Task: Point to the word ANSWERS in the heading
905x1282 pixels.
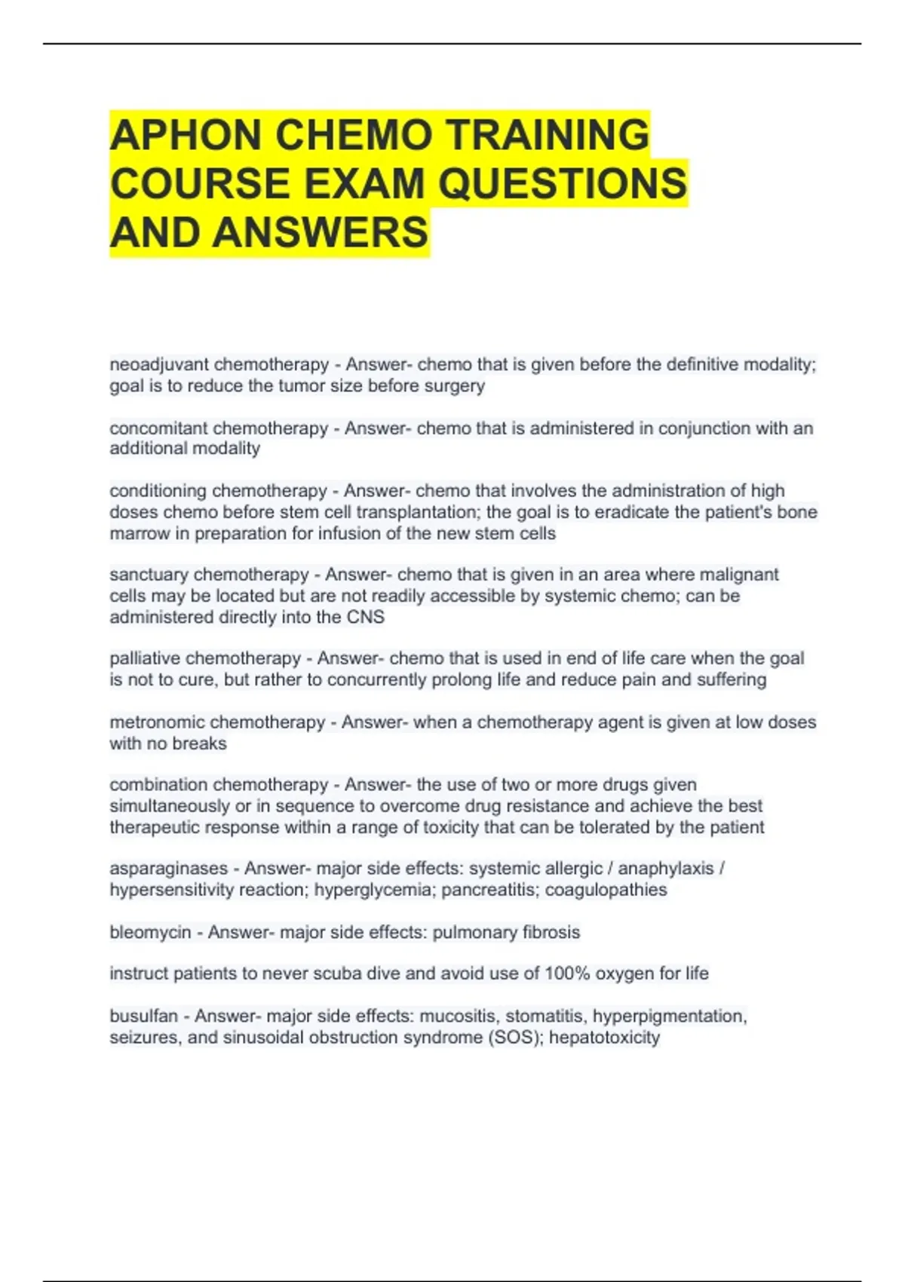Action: click(x=321, y=232)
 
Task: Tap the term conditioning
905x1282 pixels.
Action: click(x=158, y=491)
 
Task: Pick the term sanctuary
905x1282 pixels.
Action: click(x=149, y=575)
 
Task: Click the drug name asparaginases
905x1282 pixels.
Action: click(x=168, y=869)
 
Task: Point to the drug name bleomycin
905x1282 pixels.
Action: click(x=150, y=932)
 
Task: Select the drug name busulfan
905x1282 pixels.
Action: click(x=143, y=1017)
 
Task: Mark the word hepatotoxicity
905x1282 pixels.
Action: click(x=604, y=1038)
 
